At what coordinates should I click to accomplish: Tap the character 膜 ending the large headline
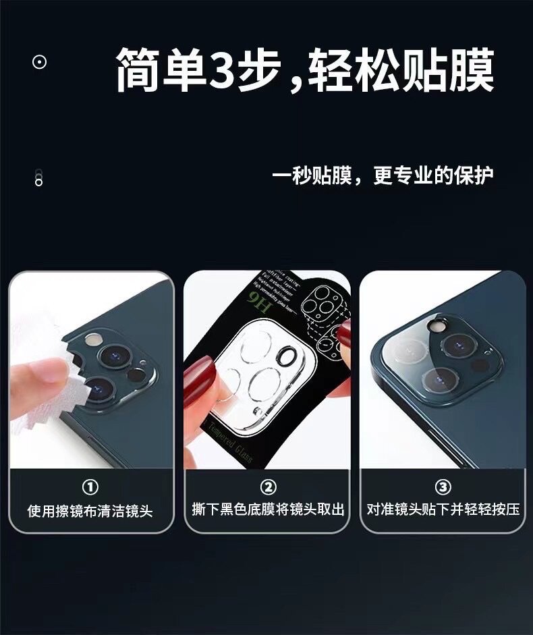coord(470,70)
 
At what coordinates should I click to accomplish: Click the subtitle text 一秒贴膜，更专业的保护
coord(383,177)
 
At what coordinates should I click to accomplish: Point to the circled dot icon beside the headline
coord(40,62)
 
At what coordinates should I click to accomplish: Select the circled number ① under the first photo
coord(90,487)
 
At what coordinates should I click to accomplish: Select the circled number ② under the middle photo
coord(268,487)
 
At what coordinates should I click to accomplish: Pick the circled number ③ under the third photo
coord(443,487)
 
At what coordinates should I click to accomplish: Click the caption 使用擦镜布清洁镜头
coord(90,511)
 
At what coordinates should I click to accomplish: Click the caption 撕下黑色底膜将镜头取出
coord(268,509)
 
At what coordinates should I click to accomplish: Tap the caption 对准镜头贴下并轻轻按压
coord(443,509)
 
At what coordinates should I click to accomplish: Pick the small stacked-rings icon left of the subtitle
coord(38,178)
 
